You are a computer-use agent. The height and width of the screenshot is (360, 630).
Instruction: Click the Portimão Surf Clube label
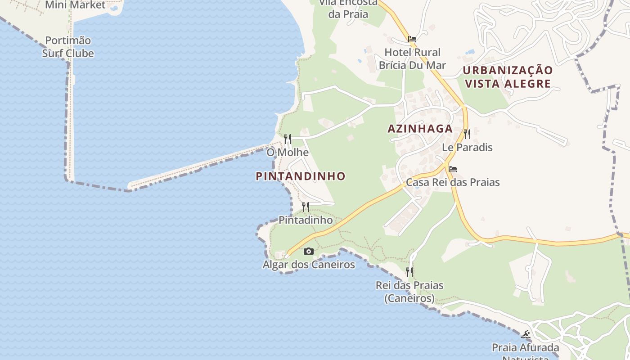68,47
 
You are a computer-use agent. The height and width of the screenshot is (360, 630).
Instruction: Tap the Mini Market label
75,5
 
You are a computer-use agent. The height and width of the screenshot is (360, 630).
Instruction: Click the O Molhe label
288,152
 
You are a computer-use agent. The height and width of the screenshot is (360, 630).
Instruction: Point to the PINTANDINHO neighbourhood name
301,176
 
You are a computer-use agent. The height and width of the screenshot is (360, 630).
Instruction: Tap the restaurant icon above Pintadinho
306,207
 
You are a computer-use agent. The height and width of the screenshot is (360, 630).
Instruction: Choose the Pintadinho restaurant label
306,220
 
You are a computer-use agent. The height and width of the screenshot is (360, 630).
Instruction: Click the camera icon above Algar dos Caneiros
308,251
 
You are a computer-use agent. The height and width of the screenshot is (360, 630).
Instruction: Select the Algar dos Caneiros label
309,265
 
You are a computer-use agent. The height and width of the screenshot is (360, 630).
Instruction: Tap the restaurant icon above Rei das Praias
409,272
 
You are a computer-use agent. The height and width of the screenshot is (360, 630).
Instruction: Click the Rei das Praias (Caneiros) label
409,292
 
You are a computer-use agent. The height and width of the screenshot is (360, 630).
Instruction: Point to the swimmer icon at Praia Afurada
525,334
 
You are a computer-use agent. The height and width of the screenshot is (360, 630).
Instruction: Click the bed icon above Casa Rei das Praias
453,169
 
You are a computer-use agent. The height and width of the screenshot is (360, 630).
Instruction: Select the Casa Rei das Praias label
453,182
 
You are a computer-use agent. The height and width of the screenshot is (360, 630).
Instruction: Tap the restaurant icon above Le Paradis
467,134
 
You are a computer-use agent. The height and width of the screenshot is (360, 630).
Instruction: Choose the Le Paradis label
467,147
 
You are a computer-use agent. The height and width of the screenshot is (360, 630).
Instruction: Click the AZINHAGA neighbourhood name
420,129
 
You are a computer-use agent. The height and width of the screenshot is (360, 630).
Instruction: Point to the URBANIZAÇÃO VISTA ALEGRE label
508,77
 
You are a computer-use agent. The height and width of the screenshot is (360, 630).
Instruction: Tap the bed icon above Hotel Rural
412,39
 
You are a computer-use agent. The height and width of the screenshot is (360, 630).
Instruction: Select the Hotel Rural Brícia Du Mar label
412,59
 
